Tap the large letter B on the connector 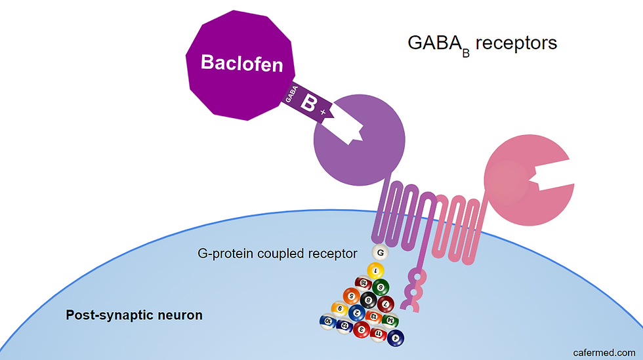point(308,103)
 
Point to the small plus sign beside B point(323,113)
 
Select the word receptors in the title point(516,43)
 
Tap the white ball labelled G point(379,252)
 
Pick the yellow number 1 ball point(375,270)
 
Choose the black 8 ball point(368,300)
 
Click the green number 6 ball point(380,287)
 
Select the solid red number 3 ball point(360,330)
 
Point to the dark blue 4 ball point(396,338)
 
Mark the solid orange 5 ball point(353,296)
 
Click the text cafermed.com point(604,352)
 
